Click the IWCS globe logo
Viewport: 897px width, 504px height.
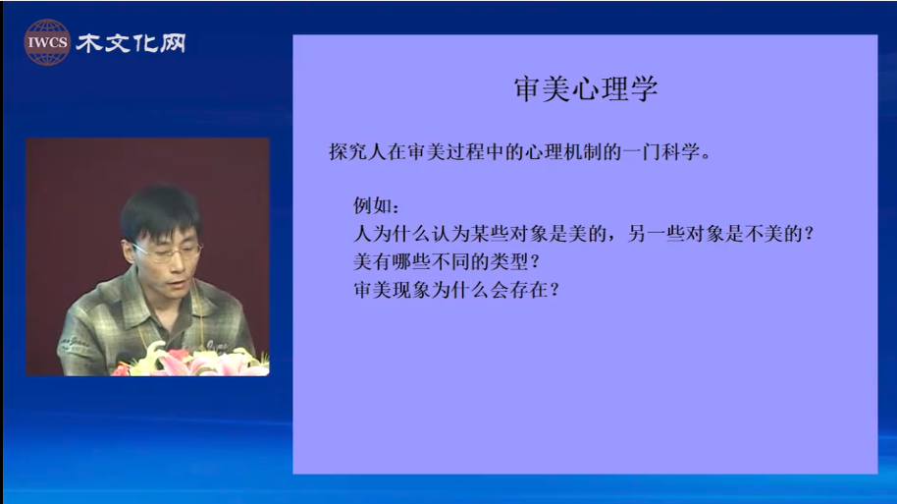coord(47,42)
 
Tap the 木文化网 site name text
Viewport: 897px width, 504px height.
coord(131,43)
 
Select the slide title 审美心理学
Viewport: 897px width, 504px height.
coord(585,89)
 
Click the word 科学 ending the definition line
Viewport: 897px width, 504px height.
coord(680,151)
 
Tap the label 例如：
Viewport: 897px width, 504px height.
coord(376,205)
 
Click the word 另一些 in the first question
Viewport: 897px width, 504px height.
coord(657,233)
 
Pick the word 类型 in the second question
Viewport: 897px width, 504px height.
coord(509,261)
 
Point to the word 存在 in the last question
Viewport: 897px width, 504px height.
coord(529,289)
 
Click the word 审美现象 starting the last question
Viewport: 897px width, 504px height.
coord(392,289)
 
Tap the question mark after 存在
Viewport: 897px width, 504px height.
coord(554,290)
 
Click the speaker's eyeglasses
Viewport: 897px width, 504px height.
coord(168,251)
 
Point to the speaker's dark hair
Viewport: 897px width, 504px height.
coord(160,210)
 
